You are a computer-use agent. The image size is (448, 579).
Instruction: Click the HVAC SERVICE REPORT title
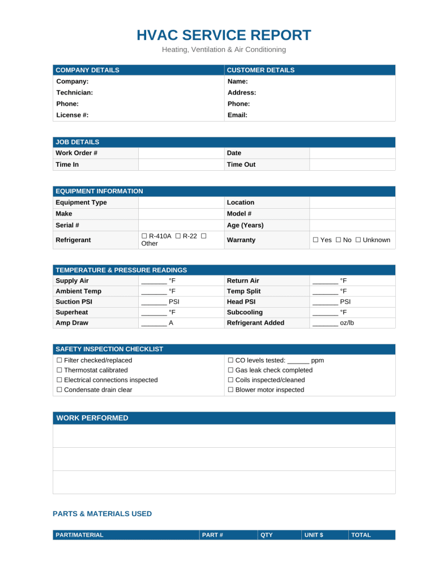224,35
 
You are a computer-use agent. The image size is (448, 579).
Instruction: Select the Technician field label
74,92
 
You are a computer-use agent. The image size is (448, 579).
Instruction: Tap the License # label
72,115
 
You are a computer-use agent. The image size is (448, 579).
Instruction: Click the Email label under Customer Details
237,115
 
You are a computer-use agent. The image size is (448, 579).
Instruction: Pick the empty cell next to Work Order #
181,153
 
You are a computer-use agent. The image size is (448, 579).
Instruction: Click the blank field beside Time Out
352,165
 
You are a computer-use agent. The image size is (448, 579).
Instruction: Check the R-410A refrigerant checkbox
144,235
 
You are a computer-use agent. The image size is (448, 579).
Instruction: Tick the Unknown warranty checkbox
359,240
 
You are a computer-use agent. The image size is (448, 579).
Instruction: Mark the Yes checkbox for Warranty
315,240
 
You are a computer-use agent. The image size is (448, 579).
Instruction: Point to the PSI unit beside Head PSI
345,302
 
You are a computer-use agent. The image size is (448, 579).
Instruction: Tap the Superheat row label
72,312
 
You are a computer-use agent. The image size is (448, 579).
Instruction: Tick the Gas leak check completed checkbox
230,370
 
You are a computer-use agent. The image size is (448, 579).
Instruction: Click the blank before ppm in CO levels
298,361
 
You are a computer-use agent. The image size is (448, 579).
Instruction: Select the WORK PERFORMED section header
92,418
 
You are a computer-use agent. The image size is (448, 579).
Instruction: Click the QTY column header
266,535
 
